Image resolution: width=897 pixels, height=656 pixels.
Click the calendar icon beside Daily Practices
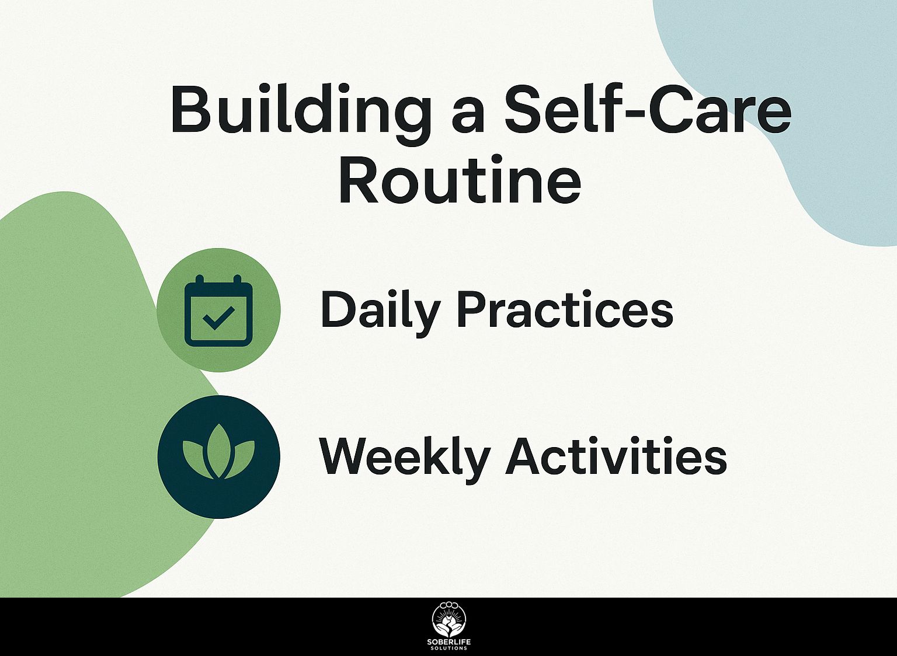(218, 310)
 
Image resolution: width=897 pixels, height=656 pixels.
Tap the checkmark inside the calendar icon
(218, 318)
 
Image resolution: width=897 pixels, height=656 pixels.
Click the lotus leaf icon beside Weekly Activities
(218, 451)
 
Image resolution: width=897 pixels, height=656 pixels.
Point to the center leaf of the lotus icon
(218, 451)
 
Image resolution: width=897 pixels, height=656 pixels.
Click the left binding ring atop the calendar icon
(200, 280)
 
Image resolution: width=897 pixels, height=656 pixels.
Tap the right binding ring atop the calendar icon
(238, 280)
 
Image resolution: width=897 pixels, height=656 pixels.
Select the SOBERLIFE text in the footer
(449, 642)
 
